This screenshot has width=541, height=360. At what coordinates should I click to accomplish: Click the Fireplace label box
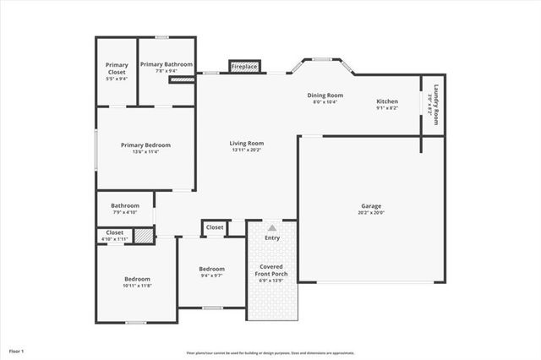[x=244, y=66]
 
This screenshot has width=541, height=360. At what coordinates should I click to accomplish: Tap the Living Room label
[x=247, y=143]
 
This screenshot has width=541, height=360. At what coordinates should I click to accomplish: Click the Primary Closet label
[x=117, y=65]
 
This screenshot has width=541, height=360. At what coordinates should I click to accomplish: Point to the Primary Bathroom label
[x=167, y=64]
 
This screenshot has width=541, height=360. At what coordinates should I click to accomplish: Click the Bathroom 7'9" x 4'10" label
[x=124, y=205]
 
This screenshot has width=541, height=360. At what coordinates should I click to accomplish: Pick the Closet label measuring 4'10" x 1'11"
[x=114, y=232]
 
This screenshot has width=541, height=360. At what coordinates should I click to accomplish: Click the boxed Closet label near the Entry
[x=215, y=227]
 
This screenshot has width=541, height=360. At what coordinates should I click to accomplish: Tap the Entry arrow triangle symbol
[x=272, y=227]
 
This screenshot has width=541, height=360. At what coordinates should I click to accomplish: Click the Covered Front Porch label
[x=272, y=273]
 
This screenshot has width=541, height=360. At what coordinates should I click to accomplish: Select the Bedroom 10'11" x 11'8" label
[x=137, y=279]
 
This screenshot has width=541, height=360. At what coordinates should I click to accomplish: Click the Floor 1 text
[x=17, y=350]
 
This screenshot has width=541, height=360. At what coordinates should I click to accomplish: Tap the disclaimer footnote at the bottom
[x=270, y=352]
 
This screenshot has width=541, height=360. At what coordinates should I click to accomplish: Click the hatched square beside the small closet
[x=145, y=236]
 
